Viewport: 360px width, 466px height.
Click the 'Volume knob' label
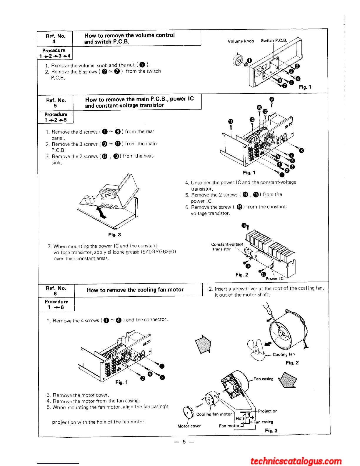[x=241, y=41]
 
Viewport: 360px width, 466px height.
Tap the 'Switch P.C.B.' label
[x=274, y=41]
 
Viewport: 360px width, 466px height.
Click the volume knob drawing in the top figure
[x=238, y=60]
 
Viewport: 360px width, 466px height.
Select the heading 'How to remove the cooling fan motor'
[x=135, y=290]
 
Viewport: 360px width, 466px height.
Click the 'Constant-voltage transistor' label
[x=227, y=247]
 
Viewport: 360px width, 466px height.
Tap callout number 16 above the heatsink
[x=244, y=225]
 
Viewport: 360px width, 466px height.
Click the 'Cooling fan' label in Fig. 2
[x=284, y=354]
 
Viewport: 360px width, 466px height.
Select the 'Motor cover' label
[x=189, y=426]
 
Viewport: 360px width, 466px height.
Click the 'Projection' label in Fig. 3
[x=268, y=411]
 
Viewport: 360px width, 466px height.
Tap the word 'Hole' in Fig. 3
[x=240, y=418]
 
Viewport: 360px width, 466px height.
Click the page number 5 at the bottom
[x=184, y=442]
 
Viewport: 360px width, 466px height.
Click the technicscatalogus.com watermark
[x=296, y=461]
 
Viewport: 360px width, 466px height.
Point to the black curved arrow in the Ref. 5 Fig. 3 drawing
[x=101, y=213]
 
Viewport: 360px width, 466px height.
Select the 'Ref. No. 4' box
[x=55, y=39]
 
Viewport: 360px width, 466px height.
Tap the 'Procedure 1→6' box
[x=56, y=304]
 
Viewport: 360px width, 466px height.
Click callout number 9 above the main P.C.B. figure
[x=272, y=99]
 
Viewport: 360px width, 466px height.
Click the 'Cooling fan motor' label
[x=214, y=414]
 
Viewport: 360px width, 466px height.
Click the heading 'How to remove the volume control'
[x=129, y=35]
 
